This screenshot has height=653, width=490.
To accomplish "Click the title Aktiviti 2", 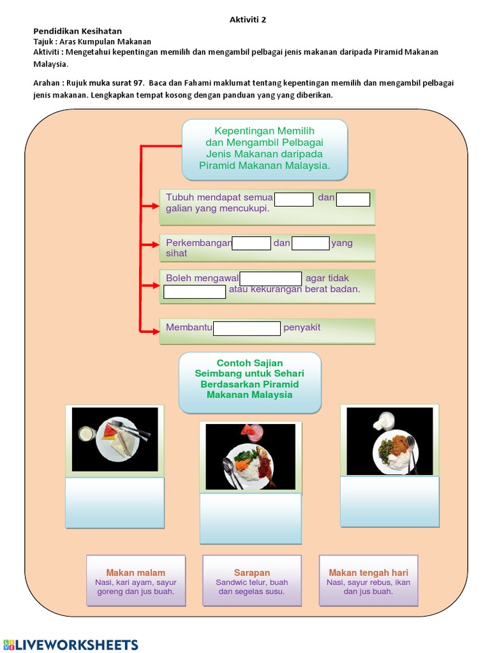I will pos(248,20).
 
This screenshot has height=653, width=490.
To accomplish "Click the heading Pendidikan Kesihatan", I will pos(77,31).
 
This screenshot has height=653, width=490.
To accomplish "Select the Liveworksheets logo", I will pos(70,644).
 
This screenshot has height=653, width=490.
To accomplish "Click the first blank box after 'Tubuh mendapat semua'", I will pos(294,199).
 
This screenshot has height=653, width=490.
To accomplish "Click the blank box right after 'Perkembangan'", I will pos(251,243).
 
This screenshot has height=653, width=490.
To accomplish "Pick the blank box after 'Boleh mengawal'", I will pos(271,279).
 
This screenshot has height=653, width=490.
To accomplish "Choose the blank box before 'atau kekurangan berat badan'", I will pos(195,291).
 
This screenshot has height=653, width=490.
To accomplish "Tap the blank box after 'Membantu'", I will pos(246,328).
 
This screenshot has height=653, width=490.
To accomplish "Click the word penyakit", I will pos(302,328).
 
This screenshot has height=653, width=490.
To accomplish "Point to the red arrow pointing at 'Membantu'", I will pos(150,331).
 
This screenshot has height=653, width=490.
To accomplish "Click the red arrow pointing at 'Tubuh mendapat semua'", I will pos(150,206).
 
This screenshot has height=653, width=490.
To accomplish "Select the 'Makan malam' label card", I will pos(136,580).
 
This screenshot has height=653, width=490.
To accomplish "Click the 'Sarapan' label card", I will pos(252,580).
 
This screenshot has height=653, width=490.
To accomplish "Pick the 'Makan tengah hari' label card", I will pos(368,580).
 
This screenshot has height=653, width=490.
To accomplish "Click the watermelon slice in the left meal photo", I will pos(110,432).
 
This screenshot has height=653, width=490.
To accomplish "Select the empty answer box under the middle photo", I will pos(250,518).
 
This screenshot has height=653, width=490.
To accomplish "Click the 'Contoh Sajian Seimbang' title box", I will pos(250,382).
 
